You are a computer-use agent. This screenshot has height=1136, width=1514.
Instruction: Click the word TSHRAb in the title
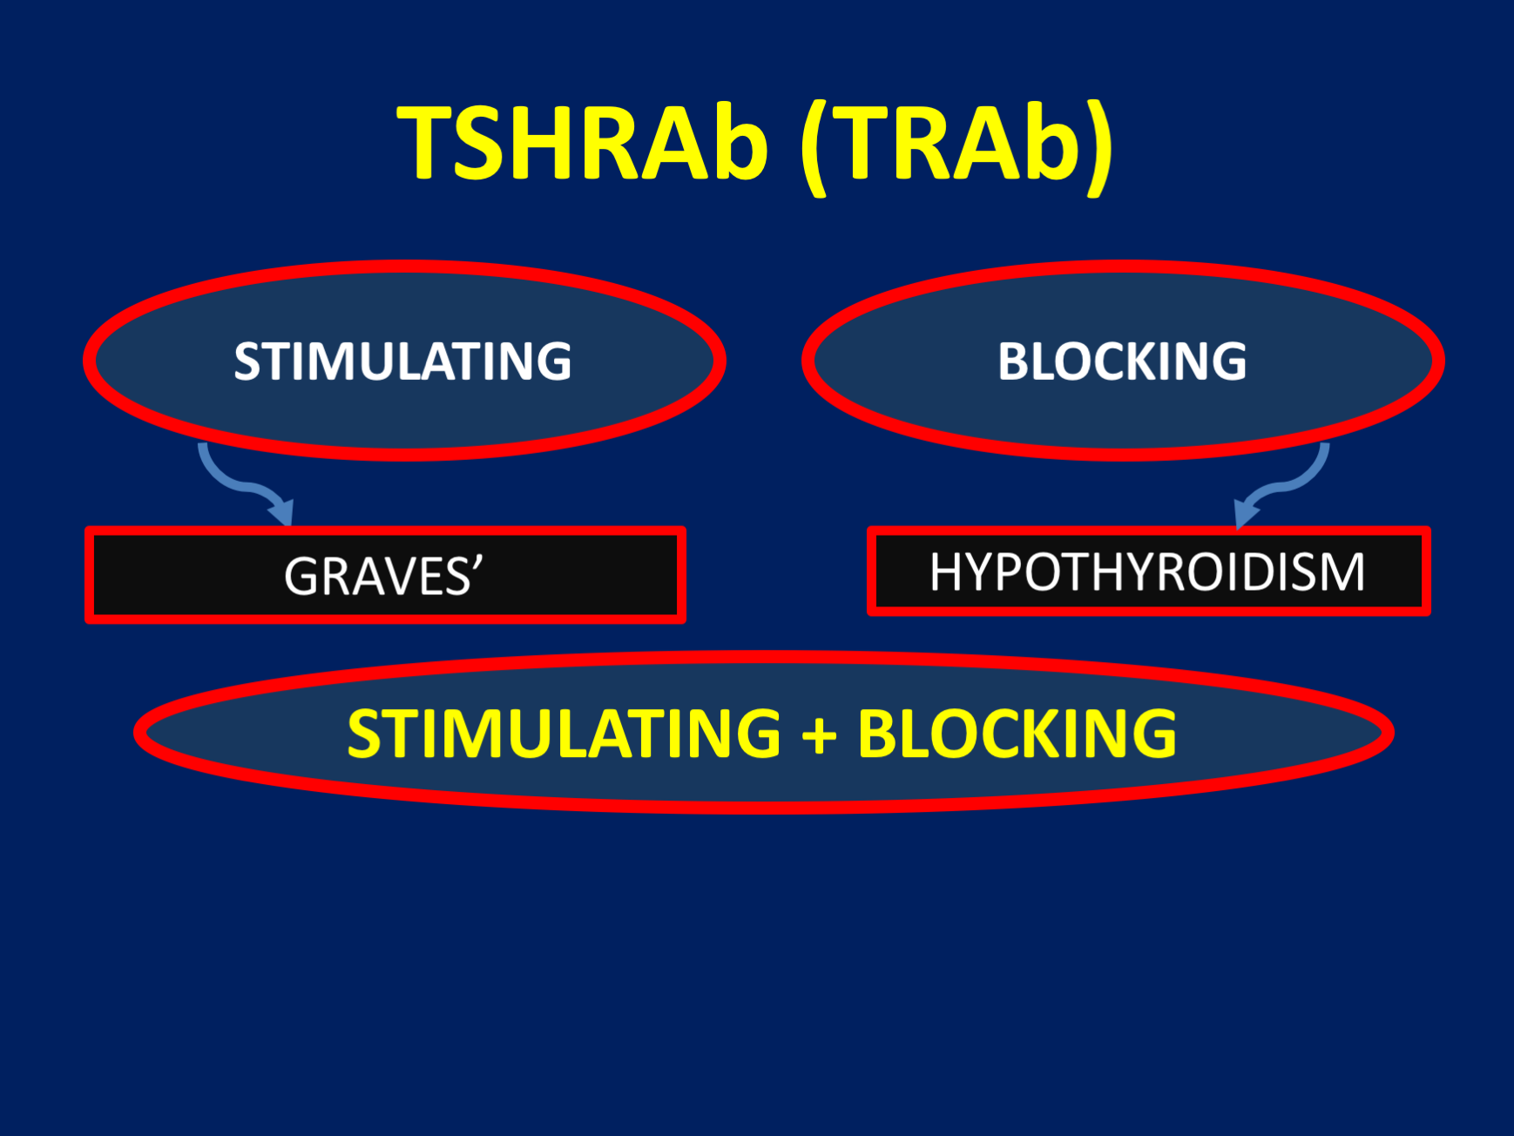pyautogui.click(x=582, y=143)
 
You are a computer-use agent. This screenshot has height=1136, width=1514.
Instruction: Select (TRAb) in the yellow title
pyautogui.click(x=956, y=145)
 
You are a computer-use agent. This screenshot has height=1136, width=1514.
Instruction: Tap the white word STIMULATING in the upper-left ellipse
pyautogui.click(x=402, y=361)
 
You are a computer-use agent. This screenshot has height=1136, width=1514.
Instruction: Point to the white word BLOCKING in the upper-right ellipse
pyautogui.click(x=1122, y=361)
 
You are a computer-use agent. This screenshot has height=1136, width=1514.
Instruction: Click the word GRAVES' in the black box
pyautogui.click(x=383, y=576)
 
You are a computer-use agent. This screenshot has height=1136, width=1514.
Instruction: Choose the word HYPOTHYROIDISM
pyautogui.click(x=1147, y=572)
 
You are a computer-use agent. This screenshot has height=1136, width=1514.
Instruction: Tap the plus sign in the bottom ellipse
pyautogui.click(x=819, y=734)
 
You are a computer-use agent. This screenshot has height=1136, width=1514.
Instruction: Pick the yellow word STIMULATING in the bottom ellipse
pyautogui.click(x=564, y=733)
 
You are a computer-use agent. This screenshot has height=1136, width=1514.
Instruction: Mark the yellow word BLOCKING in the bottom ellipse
pyautogui.click(x=1017, y=733)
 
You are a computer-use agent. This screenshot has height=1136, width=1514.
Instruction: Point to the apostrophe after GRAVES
pyautogui.click(x=477, y=563)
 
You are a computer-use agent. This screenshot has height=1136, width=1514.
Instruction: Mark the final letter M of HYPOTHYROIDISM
pyautogui.click(x=1343, y=572)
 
